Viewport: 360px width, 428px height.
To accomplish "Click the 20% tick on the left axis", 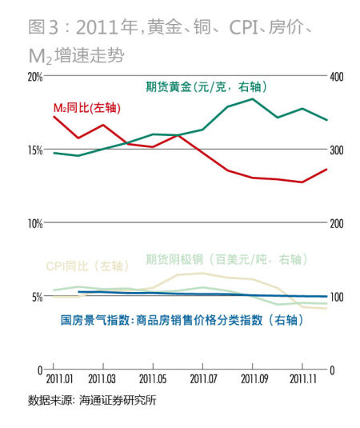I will tap(34, 77).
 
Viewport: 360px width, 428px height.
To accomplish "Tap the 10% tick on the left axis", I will tap(34, 223).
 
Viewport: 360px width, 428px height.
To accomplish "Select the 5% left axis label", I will tap(36, 297).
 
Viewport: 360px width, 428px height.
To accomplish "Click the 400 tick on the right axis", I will tap(336, 77).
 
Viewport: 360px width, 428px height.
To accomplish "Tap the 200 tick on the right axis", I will tap(336, 223).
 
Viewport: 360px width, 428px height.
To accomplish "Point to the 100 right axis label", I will tap(336, 297).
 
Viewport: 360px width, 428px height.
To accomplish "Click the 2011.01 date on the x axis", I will tap(60, 378).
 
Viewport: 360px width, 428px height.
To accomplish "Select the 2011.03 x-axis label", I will tap(102, 378).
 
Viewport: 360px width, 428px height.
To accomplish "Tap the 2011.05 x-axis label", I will tap(152, 378).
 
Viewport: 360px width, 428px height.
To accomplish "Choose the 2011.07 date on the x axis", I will tap(202, 378).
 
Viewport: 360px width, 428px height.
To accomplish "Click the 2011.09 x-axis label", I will tap(253, 378).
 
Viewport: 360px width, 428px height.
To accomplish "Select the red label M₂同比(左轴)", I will tap(85, 108).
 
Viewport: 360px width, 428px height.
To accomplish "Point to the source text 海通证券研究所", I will tap(118, 400).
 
